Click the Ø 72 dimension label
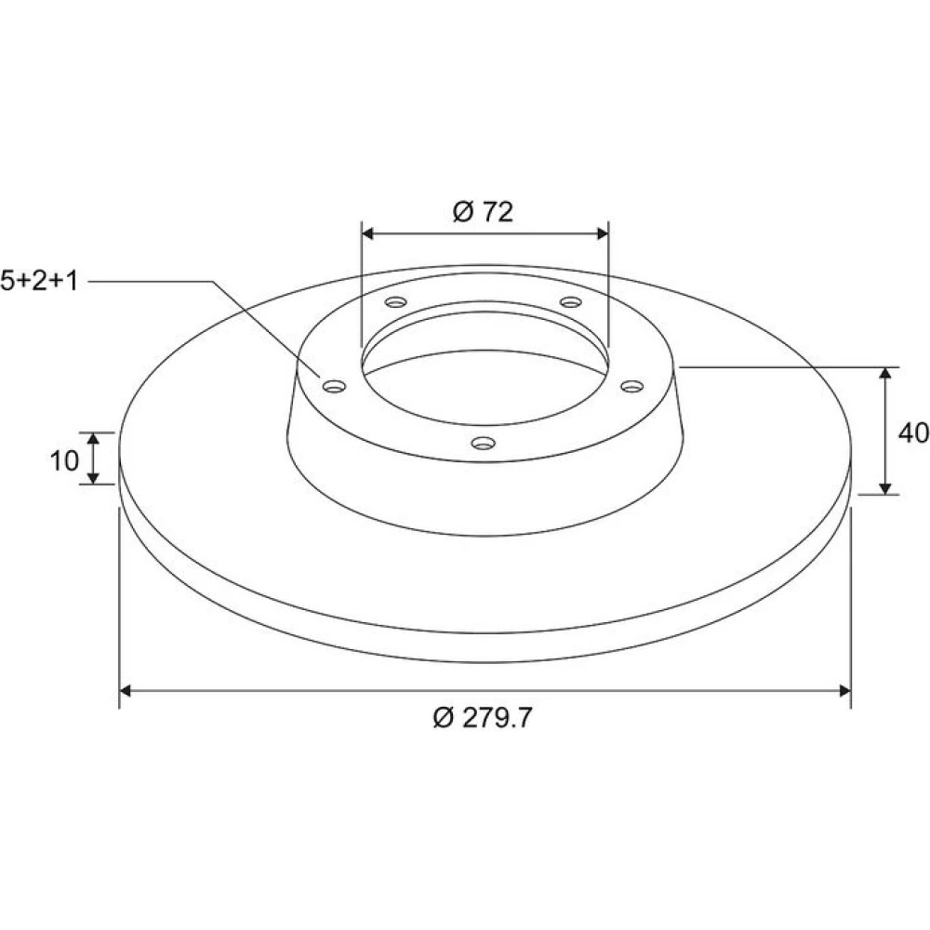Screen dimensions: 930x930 coord(483,212)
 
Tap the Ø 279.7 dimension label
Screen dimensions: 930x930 coord(483,718)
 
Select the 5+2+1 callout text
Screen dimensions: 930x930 coord(39,281)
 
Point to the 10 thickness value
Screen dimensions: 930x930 coord(64,460)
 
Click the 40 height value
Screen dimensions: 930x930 coord(913,433)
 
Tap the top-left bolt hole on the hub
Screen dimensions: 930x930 coord(395,302)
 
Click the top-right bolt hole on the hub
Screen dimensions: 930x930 coord(571,302)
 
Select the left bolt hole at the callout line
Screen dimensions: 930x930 coord(335,387)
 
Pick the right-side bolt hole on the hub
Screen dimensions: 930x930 coord(632,387)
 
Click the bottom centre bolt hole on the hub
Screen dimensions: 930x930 coord(484,443)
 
